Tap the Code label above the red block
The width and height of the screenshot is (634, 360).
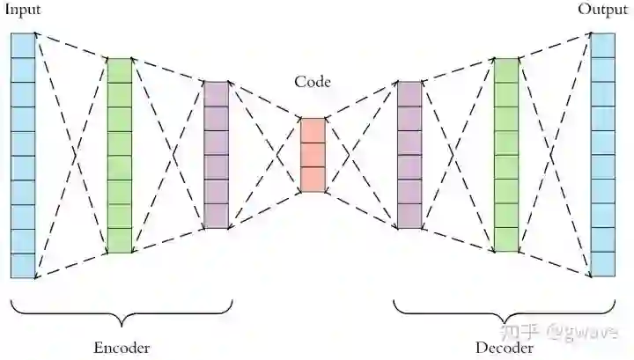coord(313,83)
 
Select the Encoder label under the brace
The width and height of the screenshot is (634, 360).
coord(122,347)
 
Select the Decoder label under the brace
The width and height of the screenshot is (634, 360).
coord(505,347)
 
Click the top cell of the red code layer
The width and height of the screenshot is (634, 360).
coord(313,129)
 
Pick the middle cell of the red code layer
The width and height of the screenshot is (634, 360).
coord(313,154)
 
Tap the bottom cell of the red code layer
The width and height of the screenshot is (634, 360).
coord(313,179)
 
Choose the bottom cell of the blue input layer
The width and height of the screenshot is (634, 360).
coord(23,265)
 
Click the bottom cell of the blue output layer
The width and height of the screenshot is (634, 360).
coord(602,263)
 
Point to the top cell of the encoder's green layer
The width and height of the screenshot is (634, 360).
coord(119,70)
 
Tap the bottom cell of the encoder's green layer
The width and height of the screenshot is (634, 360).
coord(119,240)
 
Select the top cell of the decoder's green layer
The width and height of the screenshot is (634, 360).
coord(506,70)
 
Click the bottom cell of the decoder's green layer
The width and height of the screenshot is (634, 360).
coord(506,239)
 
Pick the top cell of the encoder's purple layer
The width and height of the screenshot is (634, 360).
coord(216,93)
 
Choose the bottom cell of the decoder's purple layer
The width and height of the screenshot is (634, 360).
coord(409,216)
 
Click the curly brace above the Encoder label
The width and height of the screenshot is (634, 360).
coord(122,310)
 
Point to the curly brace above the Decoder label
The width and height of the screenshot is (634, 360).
coord(505,310)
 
